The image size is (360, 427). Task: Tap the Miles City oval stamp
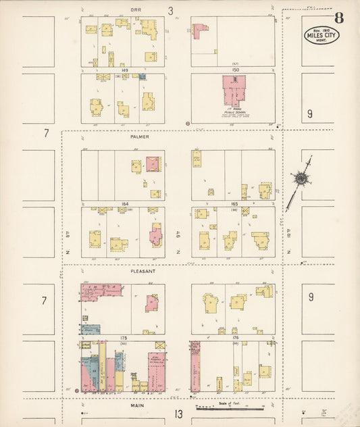click(x=322, y=34)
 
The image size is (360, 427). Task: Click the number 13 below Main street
click(x=178, y=414)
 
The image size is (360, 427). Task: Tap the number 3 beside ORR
click(x=172, y=10)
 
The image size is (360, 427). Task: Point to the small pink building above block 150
click(x=200, y=30)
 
